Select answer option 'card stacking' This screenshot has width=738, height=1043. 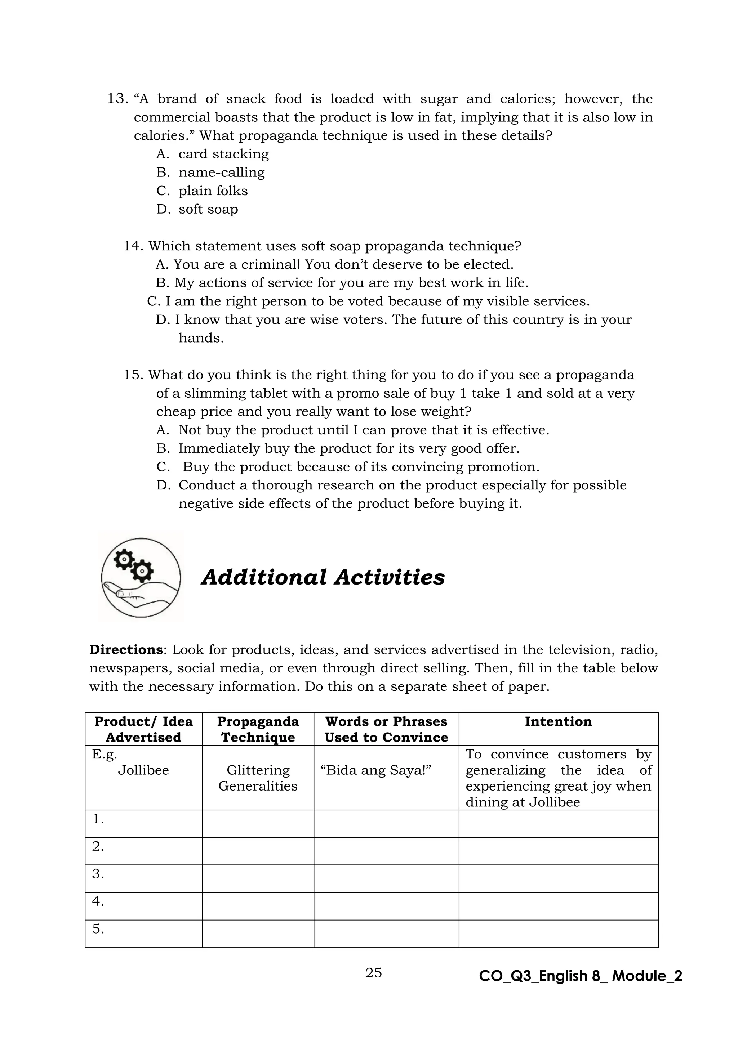(223, 154)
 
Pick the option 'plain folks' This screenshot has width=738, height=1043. (213, 191)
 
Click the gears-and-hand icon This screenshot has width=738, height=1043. (141, 577)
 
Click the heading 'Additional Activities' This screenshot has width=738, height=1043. (323, 577)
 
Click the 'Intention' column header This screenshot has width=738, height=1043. (558, 721)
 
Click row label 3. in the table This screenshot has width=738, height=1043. (98, 874)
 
